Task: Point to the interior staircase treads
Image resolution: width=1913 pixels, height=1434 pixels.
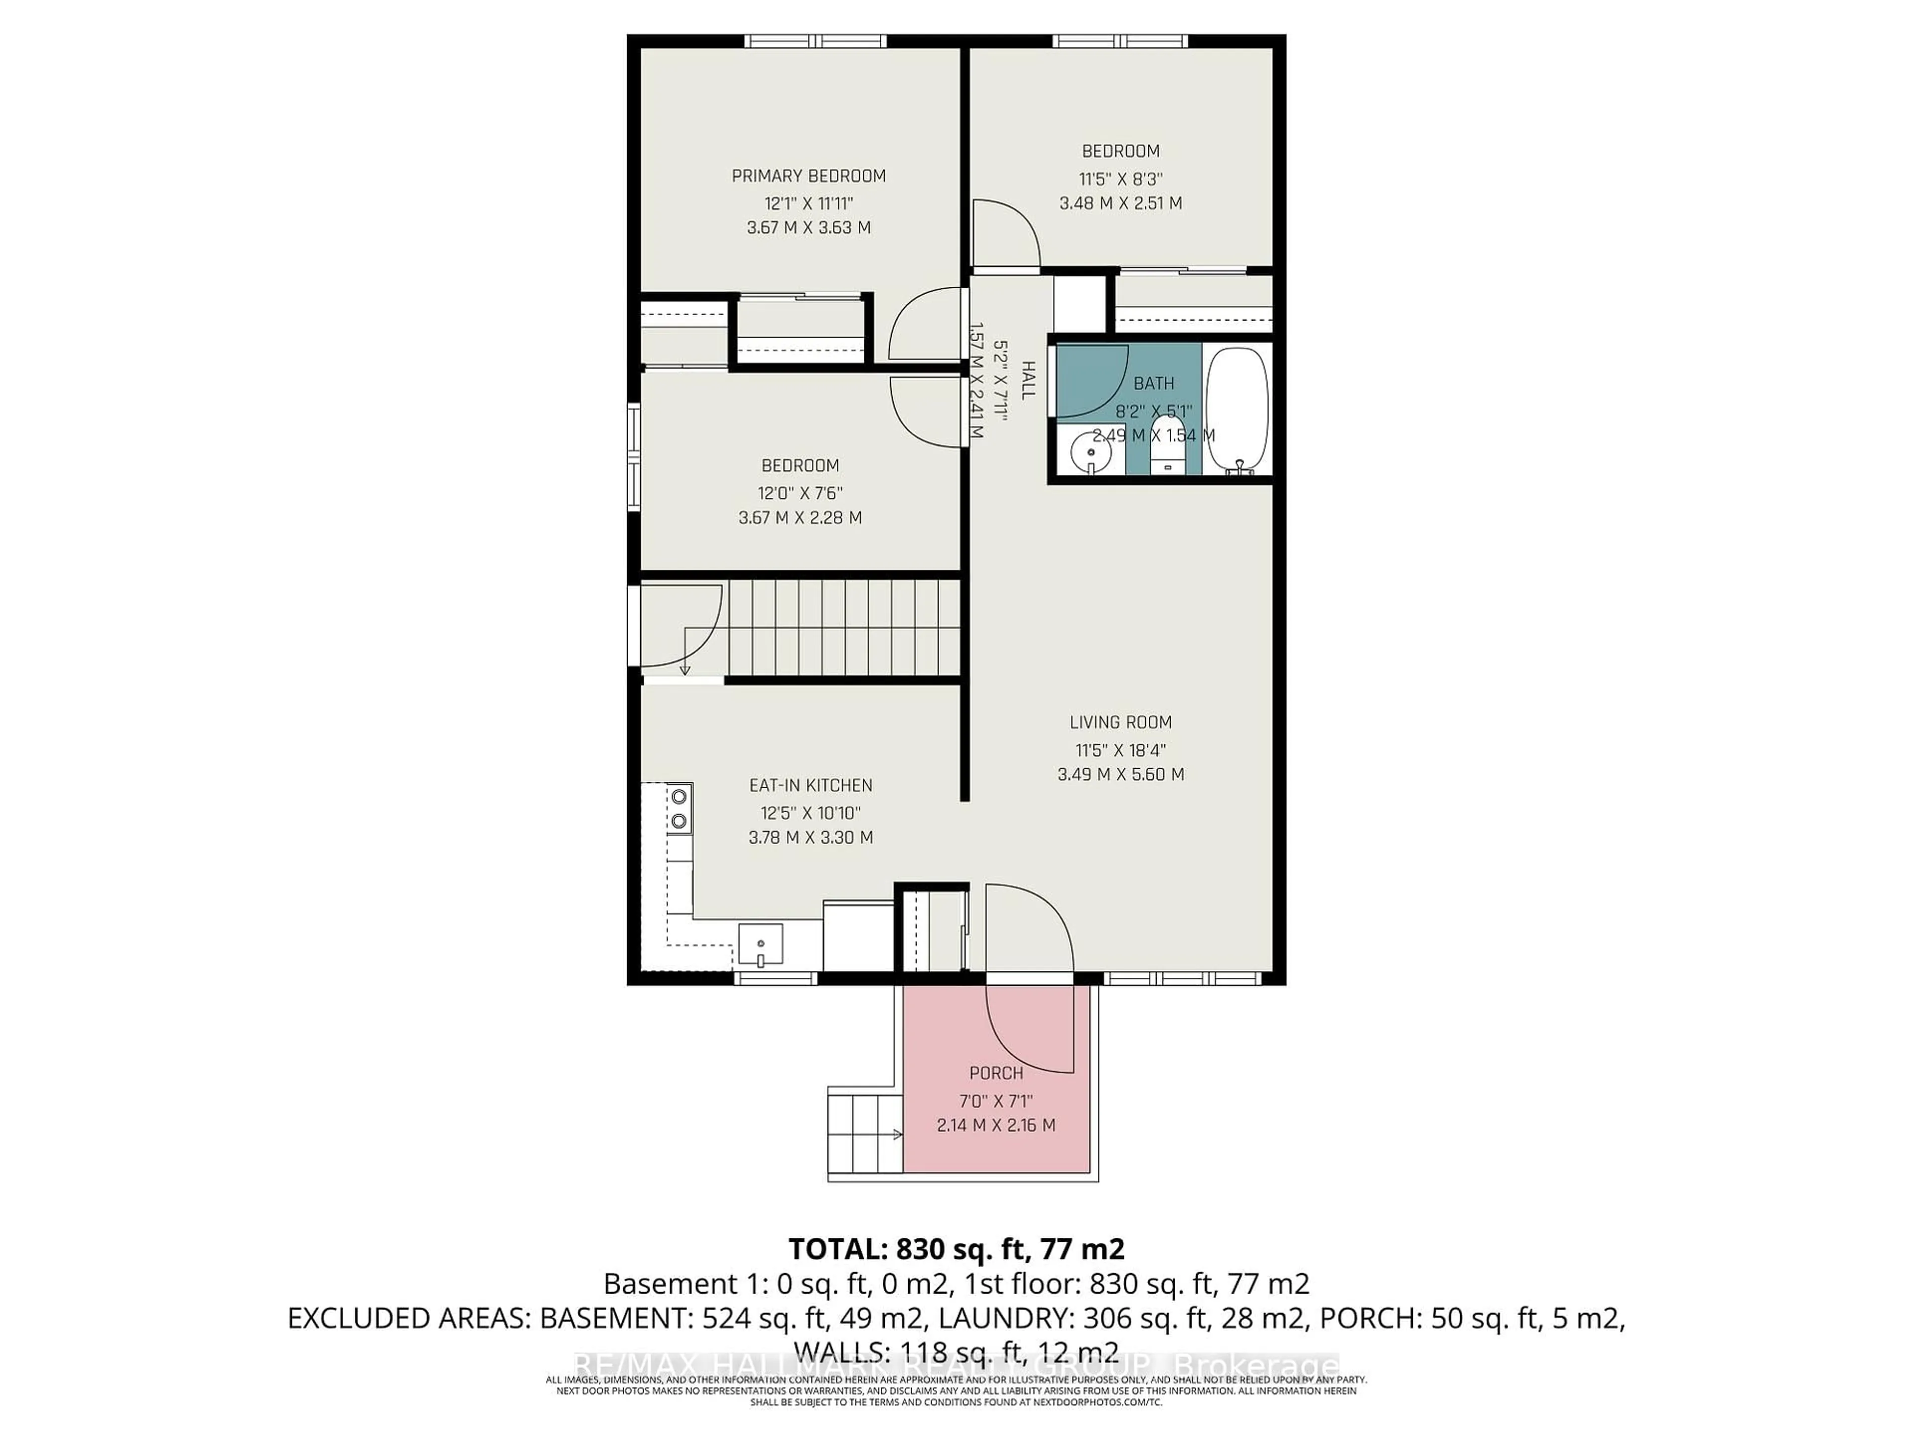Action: click(843, 627)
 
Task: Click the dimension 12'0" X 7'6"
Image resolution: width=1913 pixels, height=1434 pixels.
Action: click(800, 493)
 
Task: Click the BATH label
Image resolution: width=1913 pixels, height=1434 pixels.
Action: click(1154, 383)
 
